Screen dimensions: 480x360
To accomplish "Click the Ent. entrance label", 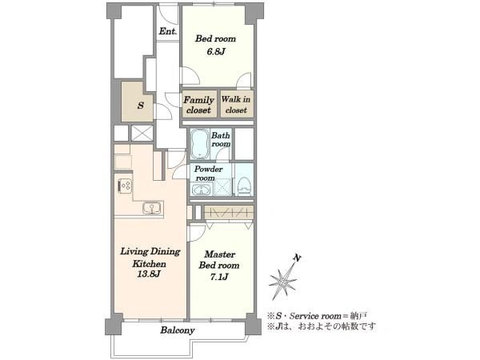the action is click(168, 31).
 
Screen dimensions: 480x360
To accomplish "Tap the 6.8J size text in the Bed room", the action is click(216, 51).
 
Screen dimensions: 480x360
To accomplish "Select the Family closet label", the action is click(198, 105).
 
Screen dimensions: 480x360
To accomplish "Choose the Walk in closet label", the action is click(236, 105).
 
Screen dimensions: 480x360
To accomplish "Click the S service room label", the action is click(141, 106).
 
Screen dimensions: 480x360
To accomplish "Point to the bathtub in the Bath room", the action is click(200, 143).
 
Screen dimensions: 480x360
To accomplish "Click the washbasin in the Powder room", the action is click(201, 190).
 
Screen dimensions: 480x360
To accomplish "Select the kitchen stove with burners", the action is click(124, 186).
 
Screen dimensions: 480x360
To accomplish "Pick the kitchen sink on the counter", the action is click(152, 208).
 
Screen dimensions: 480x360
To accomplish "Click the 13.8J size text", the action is click(149, 274).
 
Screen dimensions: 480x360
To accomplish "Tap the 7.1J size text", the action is click(219, 277).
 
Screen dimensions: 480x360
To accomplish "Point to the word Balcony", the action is click(178, 330).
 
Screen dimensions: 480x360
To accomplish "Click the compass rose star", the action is click(283, 281).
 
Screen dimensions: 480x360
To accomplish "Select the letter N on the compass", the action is click(296, 258).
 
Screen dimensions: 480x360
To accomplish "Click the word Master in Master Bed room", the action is click(219, 254).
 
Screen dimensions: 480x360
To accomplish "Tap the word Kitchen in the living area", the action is click(149, 263).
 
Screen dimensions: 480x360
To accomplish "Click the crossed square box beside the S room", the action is click(142, 133).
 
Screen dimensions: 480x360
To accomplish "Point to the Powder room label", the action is click(208, 174).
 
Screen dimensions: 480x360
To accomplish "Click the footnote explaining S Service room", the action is click(317, 316).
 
